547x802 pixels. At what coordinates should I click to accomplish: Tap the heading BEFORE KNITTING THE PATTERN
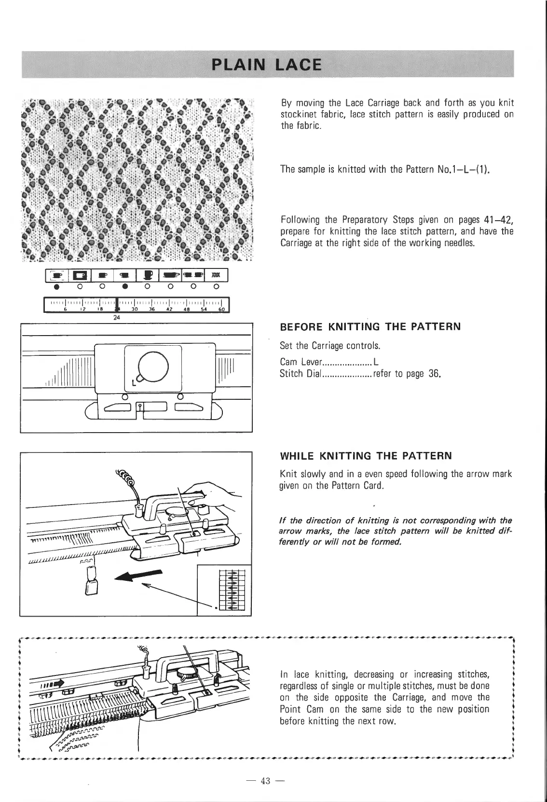click(x=370, y=327)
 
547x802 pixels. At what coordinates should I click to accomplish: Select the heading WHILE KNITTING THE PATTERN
click(x=366, y=456)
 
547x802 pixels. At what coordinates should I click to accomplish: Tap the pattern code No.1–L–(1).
click(x=429, y=169)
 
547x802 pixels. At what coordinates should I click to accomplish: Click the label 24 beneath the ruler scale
click(x=115, y=318)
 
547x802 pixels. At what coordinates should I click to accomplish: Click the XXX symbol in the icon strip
click(x=217, y=275)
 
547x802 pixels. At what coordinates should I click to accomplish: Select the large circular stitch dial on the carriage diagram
click(x=152, y=367)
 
